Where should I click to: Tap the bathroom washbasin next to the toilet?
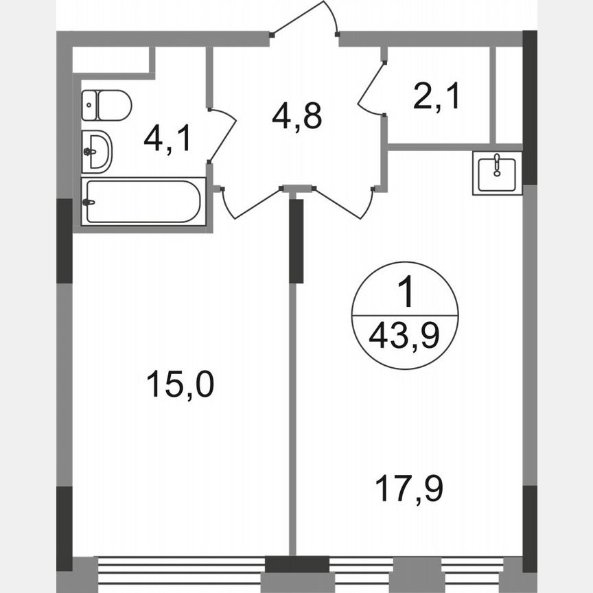tap(96, 151)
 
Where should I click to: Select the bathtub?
tap(143, 201)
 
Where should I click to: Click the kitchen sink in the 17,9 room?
tap(498, 173)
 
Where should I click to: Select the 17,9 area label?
tap(409, 489)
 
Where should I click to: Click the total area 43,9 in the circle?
tap(404, 336)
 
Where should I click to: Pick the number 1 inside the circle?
tap(406, 294)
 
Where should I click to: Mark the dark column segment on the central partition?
tap(296, 240)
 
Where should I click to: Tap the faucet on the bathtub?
tap(88, 202)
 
